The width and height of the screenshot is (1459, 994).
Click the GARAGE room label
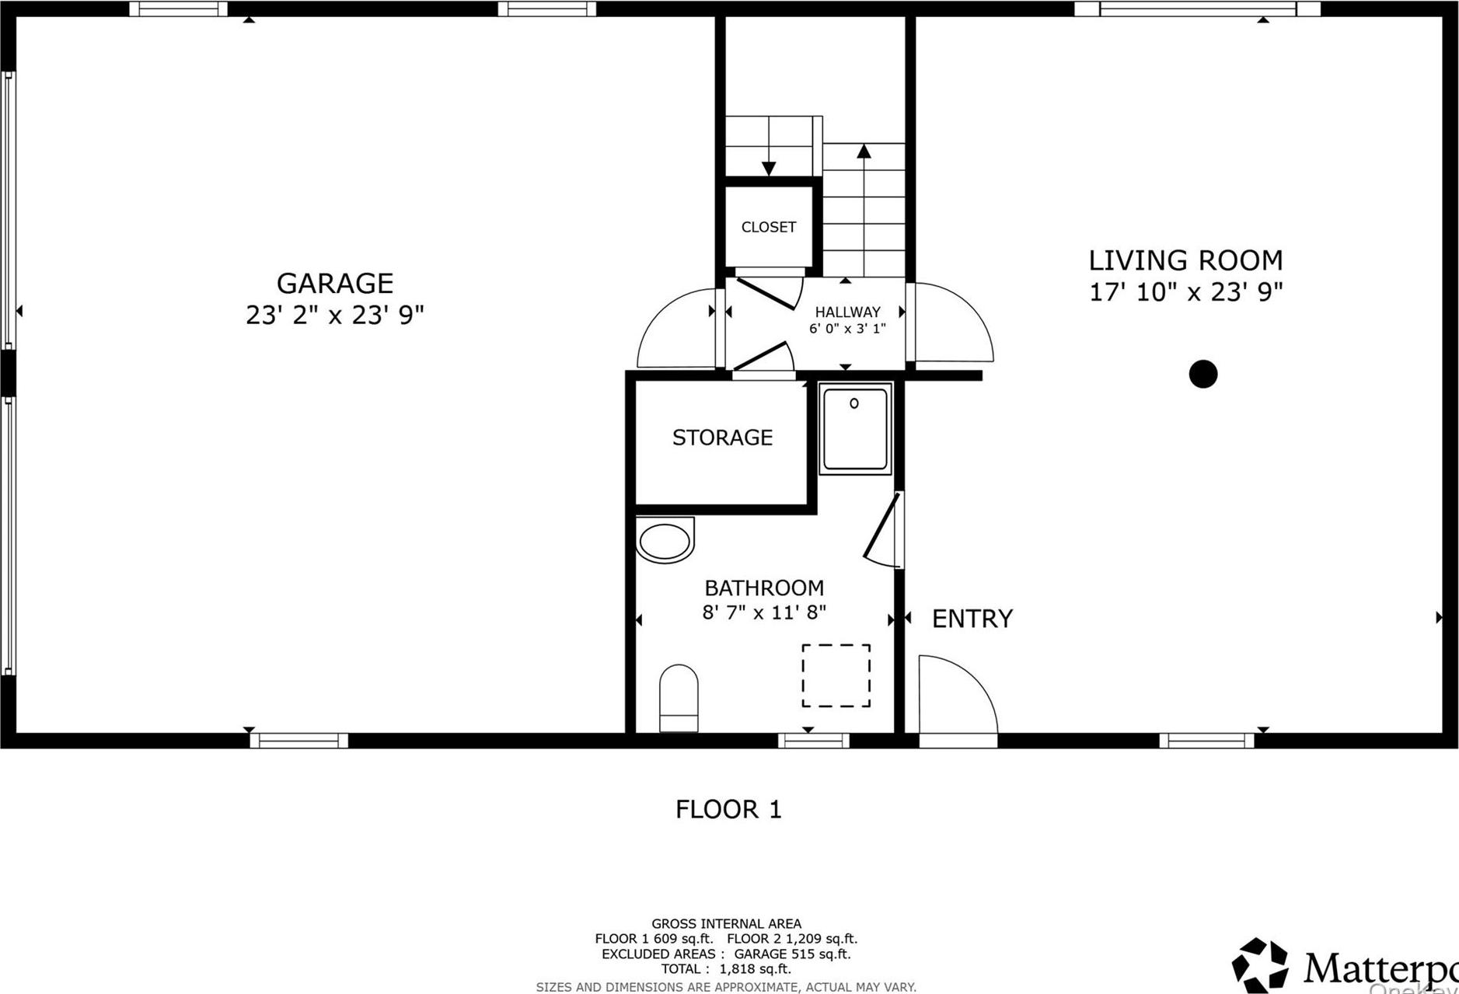click(334, 283)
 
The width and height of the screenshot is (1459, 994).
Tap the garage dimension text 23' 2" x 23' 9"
click(334, 316)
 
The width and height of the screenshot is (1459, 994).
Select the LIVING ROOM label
click(1185, 260)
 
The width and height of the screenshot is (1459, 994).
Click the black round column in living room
click(1202, 374)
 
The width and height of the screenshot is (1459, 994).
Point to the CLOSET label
click(768, 227)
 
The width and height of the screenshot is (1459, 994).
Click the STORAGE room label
click(722, 438)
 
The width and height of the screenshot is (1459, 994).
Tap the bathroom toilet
click(679, 697)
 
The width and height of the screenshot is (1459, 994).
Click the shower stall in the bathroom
click(855, 429)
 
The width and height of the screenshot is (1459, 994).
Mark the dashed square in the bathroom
click(836, 675)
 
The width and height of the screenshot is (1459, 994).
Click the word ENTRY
click(972, 619)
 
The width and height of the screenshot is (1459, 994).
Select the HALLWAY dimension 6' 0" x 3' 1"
click(847, 329)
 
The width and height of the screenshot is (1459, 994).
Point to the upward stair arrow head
click(864, 151)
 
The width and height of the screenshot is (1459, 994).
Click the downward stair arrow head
click(769, 168)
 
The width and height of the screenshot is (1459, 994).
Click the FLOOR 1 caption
click(728, 810)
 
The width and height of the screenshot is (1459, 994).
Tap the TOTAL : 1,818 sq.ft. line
click(726, 969)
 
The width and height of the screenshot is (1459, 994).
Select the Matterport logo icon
click(1259, 966)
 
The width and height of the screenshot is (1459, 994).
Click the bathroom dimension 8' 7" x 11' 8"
click(764, 612)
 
